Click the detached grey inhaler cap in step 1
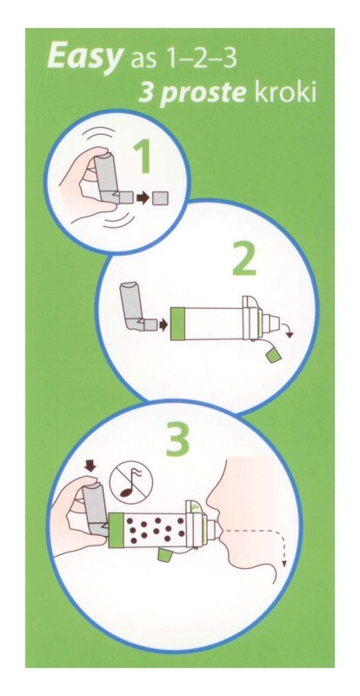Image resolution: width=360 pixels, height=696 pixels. tap(160, 198)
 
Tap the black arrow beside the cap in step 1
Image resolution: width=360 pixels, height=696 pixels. tap(143, 198)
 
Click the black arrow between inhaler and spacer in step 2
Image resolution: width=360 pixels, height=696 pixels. tap(163, 325)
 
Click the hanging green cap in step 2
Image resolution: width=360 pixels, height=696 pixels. tap(271, 355)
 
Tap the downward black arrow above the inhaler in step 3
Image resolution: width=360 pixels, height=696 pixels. tap(90, 465)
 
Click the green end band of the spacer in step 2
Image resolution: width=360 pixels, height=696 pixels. tap(177, 324)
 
